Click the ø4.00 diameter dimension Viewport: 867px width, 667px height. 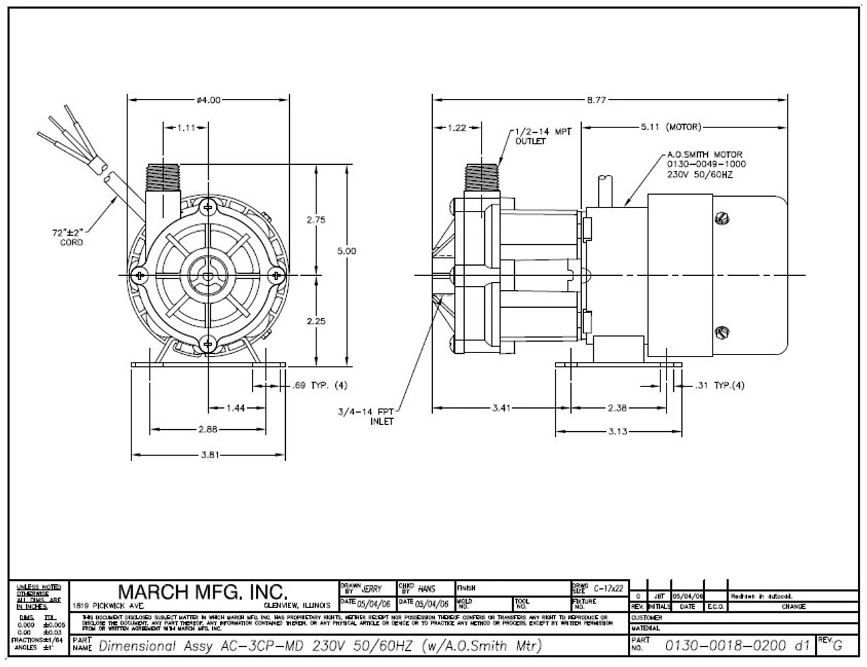pos(208,100)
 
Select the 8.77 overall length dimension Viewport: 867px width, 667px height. pos(596,100)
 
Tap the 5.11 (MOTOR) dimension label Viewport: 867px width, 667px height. pos(669,127)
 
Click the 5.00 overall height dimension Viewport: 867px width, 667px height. pos(346,251)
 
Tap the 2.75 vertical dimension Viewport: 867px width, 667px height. pos(316,220)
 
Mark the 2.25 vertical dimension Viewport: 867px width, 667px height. pos(316,321)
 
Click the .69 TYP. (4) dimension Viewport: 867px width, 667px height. pos(320,386)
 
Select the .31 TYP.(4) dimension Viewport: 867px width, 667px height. pos(719,386)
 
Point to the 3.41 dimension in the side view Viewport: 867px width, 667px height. pos(502,408)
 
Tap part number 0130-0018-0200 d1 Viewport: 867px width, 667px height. pos(737,646)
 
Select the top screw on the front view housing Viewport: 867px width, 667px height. pos(208,205)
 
